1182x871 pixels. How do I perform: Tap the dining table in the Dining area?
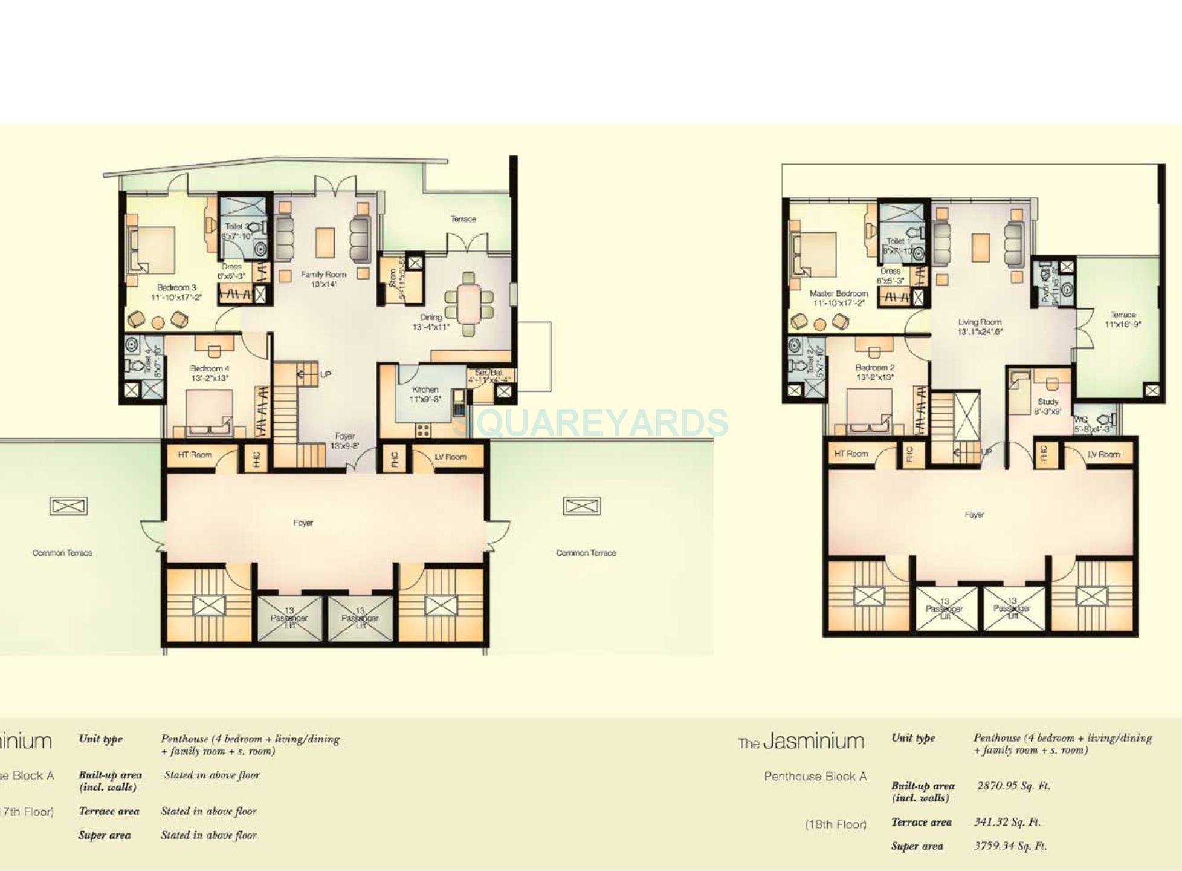[469, 305]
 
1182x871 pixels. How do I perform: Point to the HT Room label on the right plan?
[851, 454]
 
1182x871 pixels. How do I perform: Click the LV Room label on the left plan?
[450, 457]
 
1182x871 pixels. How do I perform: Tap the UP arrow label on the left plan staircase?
[325, 374]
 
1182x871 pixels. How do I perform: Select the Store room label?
[393, 278]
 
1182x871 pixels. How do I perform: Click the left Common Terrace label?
[62, 553]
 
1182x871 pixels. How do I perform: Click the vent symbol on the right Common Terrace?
[581, 506]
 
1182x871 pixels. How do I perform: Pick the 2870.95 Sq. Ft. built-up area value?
[1013, 786]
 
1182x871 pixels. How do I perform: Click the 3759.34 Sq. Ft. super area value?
[1010, 846]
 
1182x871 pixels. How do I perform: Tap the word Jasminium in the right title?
[813, 742]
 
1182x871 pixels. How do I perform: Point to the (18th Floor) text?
[835, 824]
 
